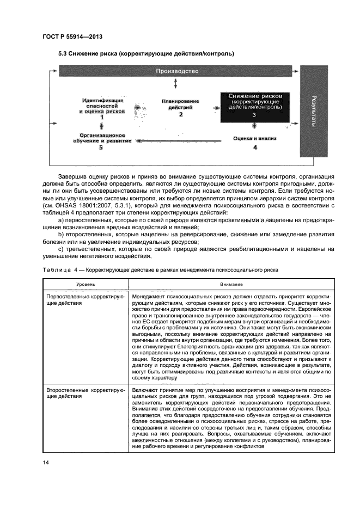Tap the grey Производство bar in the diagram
point(177,71)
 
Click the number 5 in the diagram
point(101,148)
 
